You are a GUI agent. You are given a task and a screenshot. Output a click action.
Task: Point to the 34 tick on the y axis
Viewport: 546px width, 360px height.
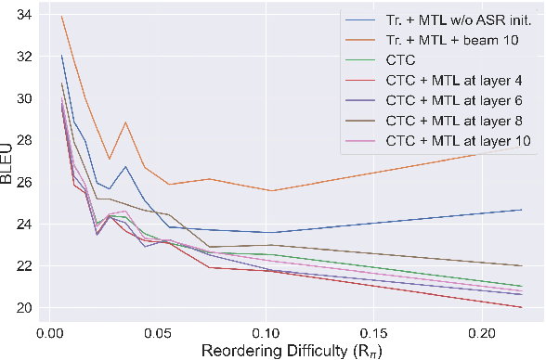(19, 14)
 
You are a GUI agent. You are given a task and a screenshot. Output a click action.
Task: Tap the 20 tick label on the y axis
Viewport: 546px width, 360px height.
(19, 308)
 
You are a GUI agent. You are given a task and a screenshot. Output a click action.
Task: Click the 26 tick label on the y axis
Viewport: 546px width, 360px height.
(19, 182)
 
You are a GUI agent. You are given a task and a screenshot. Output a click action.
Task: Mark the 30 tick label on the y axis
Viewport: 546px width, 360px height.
(19, 98)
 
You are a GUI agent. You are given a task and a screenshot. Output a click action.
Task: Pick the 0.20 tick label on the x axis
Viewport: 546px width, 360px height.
(484, 329)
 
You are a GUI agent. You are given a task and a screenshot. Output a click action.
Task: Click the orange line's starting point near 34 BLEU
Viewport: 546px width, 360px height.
(61, 17)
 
